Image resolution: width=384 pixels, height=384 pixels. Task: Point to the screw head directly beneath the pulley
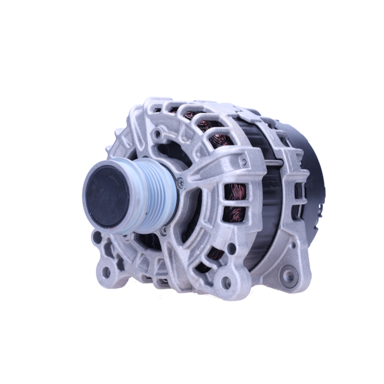tap(164, 230)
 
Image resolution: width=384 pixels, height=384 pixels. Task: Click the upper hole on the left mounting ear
tap(97, 237)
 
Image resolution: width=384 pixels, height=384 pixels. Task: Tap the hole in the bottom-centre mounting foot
tap(227, 283)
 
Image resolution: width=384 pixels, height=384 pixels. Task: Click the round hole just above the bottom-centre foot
tap(231, 248)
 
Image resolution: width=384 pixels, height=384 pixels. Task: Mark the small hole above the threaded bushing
tap(293, 245)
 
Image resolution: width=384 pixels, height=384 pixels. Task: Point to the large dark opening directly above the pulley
tap(169, 148)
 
